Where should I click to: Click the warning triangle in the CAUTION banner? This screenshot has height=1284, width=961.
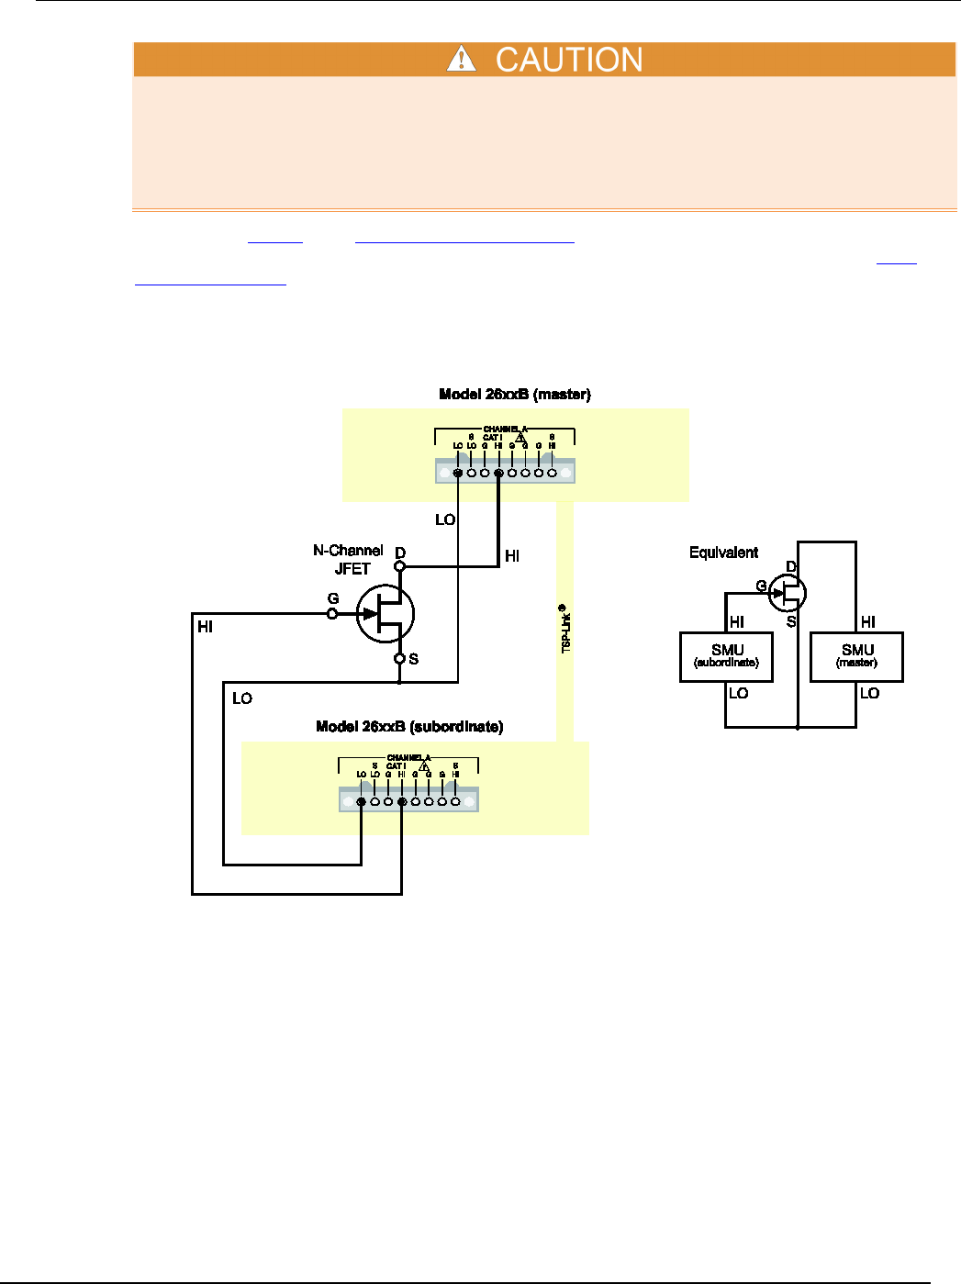[461, 60]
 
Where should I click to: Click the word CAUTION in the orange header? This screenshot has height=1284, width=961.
[569, 60]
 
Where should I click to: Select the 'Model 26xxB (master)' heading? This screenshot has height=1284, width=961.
[515, 395]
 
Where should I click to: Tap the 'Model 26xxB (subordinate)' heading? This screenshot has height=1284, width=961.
[409, 727]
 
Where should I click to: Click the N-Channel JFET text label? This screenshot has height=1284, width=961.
[348, 559]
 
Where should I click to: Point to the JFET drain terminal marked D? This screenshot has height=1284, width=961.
[399, 566]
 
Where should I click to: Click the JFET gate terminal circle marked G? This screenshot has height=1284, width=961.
[333, 613]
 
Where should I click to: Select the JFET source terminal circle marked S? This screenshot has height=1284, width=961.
[400, 658]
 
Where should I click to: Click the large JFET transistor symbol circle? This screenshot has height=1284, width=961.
[386, 614]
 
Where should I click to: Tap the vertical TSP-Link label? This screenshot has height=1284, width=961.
[565, 629]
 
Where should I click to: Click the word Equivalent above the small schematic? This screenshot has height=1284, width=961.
[723, 553]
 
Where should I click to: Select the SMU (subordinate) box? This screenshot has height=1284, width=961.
[726, 656]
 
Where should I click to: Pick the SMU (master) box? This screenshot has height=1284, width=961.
[856, 656]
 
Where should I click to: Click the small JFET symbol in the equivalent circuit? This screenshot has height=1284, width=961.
[787, 593]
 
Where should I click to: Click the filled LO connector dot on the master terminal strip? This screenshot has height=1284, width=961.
[458, 474]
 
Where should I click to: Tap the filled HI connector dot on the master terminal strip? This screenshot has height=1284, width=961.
[498, 474]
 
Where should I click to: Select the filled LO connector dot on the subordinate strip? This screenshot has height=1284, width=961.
[362, 802]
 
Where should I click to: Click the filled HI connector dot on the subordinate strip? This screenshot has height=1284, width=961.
[402, 802]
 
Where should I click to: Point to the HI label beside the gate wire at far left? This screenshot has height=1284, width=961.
[205, 627]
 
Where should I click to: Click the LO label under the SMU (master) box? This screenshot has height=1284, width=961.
[869, 694]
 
